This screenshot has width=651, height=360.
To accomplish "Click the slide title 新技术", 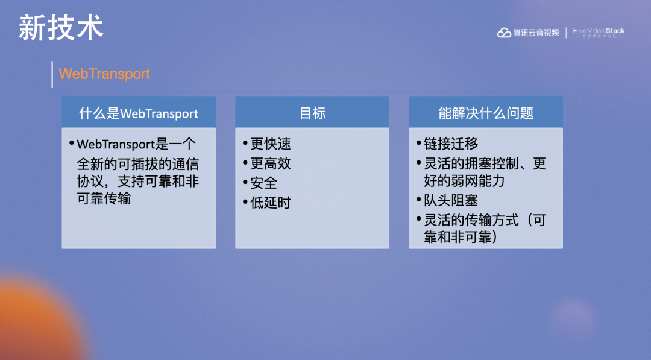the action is coord(61,28).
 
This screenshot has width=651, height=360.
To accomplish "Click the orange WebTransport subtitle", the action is coord(104,74).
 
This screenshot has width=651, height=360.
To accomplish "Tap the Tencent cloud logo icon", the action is coord(504,33).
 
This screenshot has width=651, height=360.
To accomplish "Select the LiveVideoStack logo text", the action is coord(599,31).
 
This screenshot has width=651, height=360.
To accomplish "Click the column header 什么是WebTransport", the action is coord(139,113).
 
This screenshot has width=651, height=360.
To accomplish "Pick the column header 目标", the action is coord(312,113).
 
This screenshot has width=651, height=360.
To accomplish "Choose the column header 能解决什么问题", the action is coord(486,113).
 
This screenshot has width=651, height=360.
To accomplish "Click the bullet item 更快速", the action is coord(270,144).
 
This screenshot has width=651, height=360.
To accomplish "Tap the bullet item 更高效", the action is coord(270,163).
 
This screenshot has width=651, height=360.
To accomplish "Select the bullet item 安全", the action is coord(263,183).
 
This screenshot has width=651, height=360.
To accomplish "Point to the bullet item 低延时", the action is coord(270,203).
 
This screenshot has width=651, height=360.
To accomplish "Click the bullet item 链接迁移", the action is coord(451,144).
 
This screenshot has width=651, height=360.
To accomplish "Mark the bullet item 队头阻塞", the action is coord(451,201).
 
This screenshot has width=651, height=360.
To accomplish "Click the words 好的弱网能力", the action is coord(464,181).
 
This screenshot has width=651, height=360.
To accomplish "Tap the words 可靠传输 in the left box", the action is coord(104,198).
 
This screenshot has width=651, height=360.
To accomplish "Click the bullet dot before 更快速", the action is coord(245,144).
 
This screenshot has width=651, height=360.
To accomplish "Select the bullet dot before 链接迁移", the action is coord(418,144).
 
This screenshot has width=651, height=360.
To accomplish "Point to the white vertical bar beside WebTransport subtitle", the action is coord(52,74).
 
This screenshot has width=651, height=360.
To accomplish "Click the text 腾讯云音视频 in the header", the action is coord(536,33).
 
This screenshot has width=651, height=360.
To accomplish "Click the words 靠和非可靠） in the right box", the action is coord(461,237).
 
